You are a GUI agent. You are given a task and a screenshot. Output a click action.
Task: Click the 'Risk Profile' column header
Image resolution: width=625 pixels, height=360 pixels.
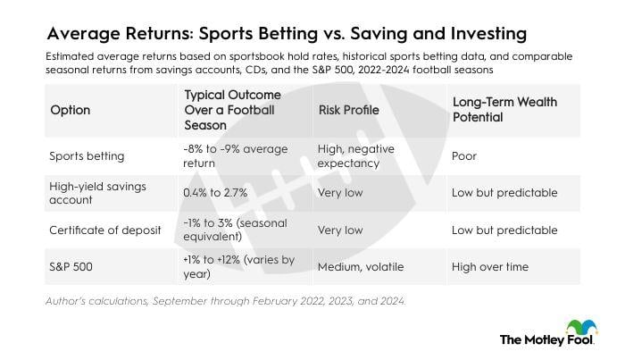(x=348, y=110)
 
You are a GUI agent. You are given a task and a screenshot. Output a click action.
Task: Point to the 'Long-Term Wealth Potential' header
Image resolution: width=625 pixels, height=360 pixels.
(x=504, y=110)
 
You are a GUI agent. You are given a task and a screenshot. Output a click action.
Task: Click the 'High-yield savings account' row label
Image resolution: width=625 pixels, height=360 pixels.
(x=97, y=192)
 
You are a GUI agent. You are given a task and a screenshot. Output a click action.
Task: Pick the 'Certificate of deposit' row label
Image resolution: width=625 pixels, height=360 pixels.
(x=105, y=230)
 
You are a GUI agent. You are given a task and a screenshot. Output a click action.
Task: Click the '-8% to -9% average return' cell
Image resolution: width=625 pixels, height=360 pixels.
(x=235, y=155)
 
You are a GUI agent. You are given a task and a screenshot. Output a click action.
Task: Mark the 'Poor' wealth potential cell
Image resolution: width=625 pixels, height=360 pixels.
(x=466, y=155)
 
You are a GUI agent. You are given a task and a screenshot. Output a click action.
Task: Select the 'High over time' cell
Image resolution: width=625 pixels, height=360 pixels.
(x=490, y=266)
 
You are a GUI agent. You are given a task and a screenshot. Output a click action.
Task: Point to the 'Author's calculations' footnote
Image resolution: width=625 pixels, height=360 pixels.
(x=225, y=301)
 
